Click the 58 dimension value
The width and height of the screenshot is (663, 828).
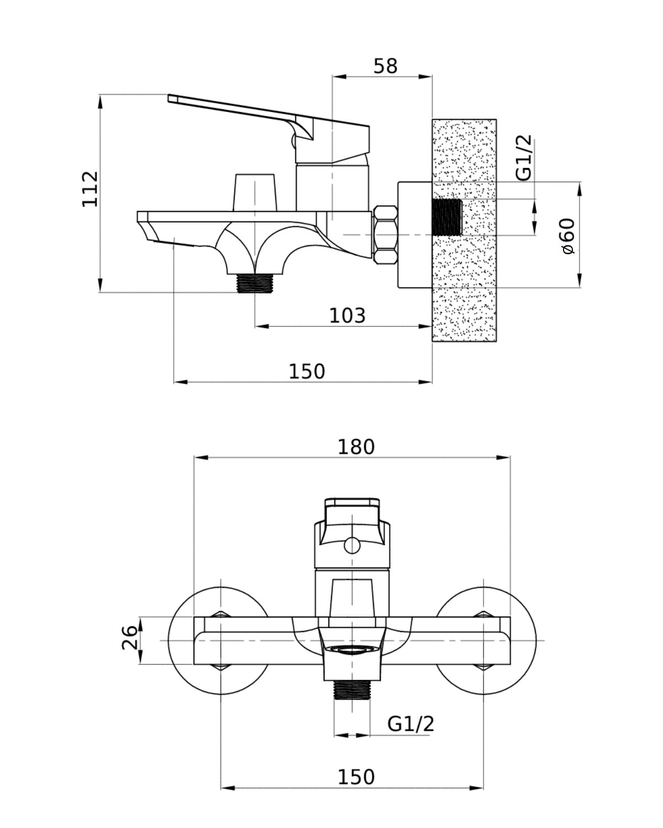coord(385,66)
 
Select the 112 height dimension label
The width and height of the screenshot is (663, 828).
coord(90,189)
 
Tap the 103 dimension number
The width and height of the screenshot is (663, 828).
coord(347,316)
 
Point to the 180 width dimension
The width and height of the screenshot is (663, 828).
coord(356,447)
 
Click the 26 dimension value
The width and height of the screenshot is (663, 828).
coord(129,638)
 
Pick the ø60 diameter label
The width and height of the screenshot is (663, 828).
coord(567,236)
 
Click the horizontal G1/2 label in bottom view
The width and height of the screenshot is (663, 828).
coord(411,723)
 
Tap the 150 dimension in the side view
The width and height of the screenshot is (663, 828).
coord(307,371)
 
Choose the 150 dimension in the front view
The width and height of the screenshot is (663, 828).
coord(356,777)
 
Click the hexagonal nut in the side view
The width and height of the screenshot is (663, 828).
coord(386,235)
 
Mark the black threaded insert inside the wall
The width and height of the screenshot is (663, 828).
coord(446,217)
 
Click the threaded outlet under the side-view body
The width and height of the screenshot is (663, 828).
coord(255,283)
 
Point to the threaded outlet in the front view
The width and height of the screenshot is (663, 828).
coord(352,689)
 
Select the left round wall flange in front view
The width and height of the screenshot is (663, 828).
coord(182,640)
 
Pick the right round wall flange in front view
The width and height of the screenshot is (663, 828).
coord(519,640)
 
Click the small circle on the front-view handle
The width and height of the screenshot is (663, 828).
coord(351,546)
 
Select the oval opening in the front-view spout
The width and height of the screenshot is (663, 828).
coord(352,650)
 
